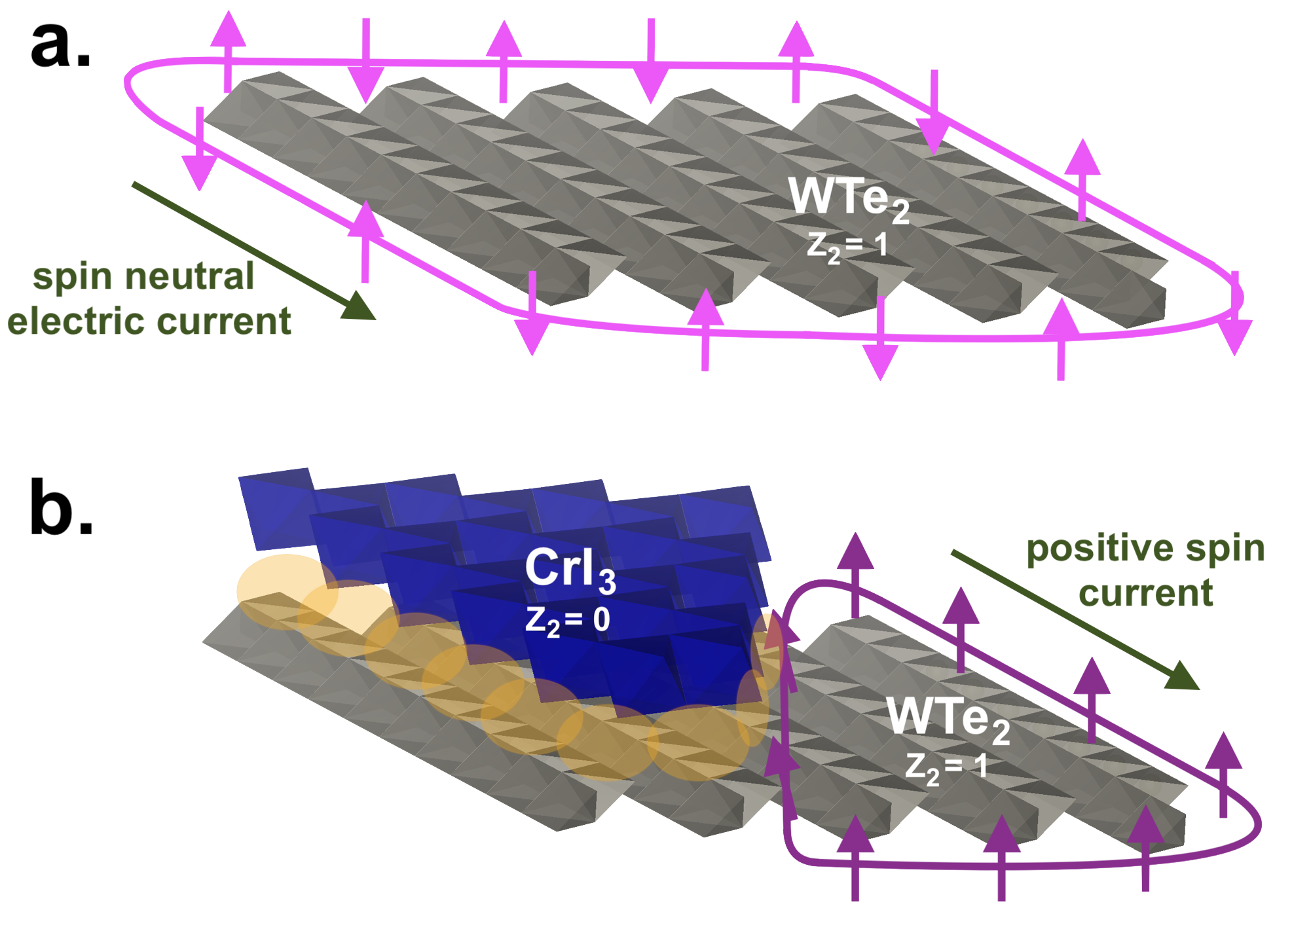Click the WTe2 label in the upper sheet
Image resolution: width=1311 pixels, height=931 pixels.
pyautogui.click(x=849, y=198)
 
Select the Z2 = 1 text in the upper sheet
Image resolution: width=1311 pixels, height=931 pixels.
pyautogui.click(x=847, y=246)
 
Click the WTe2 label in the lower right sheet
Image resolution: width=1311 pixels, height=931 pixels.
pyautogui.click(x=948, y=718)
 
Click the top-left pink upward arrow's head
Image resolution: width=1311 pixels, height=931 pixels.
pyautogui.click(x=228, y=29)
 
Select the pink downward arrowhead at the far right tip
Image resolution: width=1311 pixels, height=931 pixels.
pyautogui.click(x=1234, y=337)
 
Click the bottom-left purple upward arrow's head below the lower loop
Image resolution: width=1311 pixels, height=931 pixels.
pyautogui.click(x=855, y=835)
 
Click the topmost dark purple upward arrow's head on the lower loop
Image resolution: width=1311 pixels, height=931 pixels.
pyautogui.click(x=855, y=551)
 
